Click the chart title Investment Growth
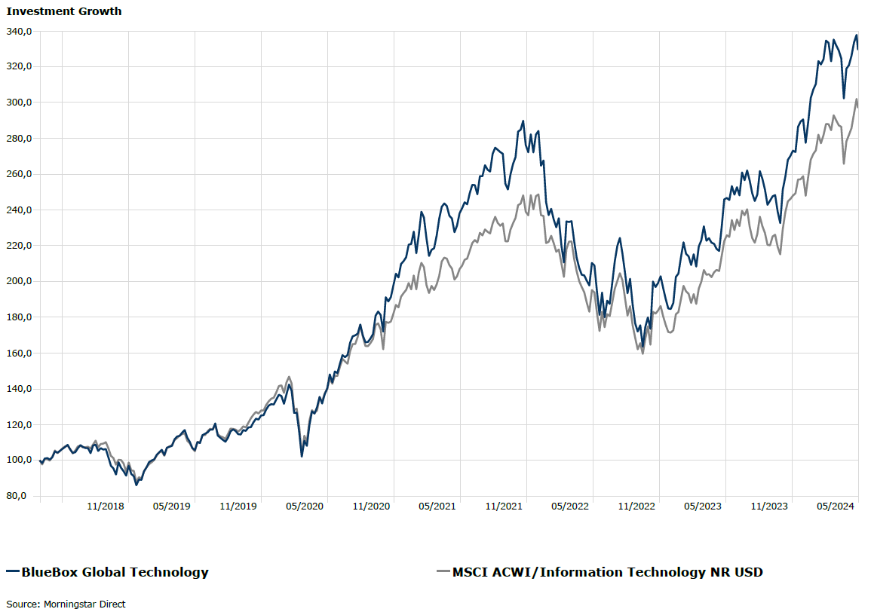pyautogui.click(x=64, y=11)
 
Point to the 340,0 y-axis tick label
pyautogui.click(x=18, y=31)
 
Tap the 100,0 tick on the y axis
pyautogui.click(x=18, y=461)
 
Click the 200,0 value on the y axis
pyautogui.click(x=18, y=281)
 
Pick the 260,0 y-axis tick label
pyautogui.click(x=18, y=174)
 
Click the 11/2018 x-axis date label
pyautogui.click(x=106, y=506)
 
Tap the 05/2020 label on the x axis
pyautogui.click(x=304, y=506)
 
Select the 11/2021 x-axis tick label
pyautogui.click(x=503, y=506)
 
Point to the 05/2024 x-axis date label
pyautogui.click(x=835, y=506)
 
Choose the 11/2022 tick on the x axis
pyautogui.click(x=636, y=506)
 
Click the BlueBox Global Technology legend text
pyautogui.click(x=115, y=572)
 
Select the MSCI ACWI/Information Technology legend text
pyautogui.click(x=607, y=572)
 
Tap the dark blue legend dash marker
pyautogui.click(x=12, y=572)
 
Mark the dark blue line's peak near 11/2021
pyautogui.click(x=523, y=121)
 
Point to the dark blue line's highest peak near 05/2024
pyautogui.click(x=856, y=35)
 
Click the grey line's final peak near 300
pyautogui.click(x=856, y=99)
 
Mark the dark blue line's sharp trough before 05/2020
pyautogui.click(x=302, y=456)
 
